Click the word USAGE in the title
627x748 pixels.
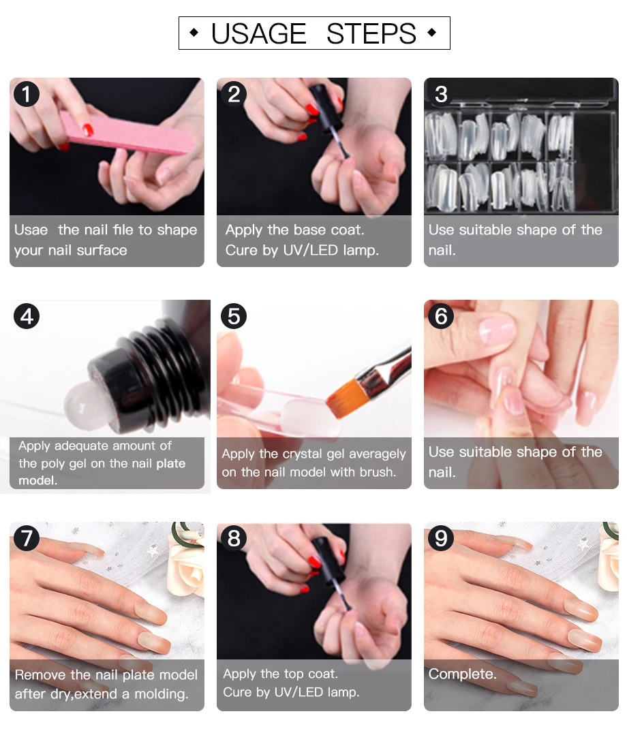pos(258,33)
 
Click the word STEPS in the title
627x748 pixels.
pos(371,33)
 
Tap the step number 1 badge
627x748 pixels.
pos(27,93)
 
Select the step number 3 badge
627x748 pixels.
pos(441,93)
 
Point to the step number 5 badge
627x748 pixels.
pos(234,316)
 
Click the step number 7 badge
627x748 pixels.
pos(27,538)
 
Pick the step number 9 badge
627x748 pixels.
pos(441,538)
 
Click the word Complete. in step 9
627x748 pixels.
pos(462,674)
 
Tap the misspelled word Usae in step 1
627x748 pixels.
pos(31,230)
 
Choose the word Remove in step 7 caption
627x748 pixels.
pos(41,674)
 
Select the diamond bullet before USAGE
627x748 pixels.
pos(194,33)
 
